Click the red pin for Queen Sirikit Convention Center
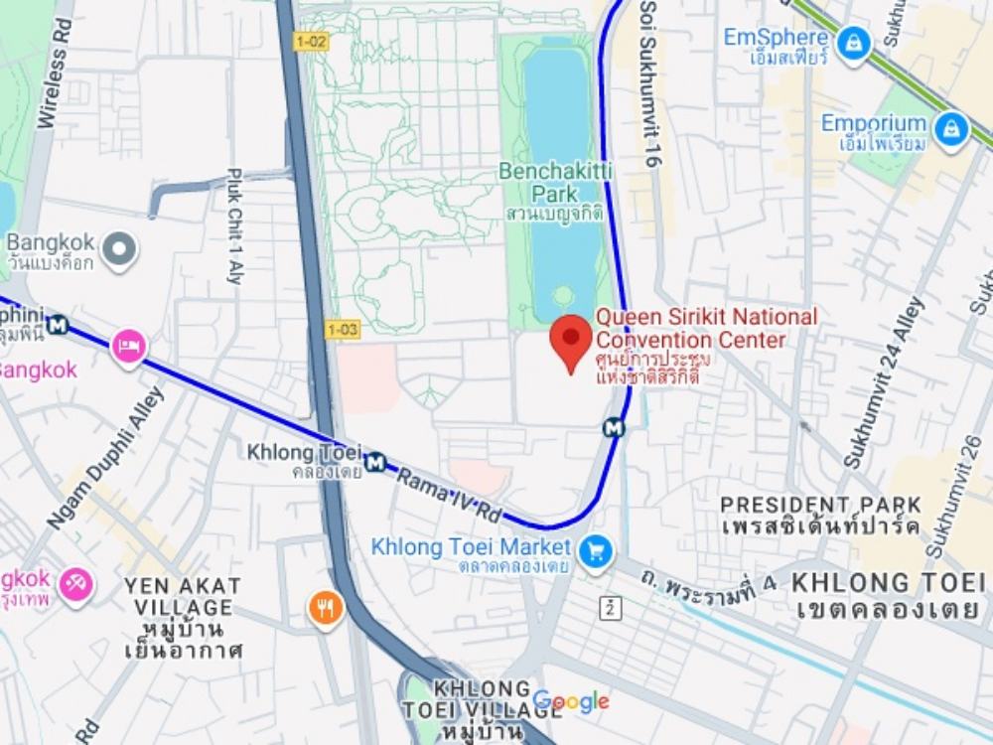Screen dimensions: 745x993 (571, 340)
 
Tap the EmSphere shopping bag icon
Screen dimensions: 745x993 (853, 43)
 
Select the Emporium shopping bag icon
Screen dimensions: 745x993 (951, 129)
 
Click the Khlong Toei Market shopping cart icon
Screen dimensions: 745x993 (596, 552)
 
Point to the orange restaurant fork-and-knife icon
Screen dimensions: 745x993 (325, 606)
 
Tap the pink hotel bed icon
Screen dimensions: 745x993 (130, 348)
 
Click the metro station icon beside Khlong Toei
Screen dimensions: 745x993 (374, 462)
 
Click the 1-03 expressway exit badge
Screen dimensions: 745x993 (341, 329)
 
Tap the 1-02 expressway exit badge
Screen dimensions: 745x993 (311, 41)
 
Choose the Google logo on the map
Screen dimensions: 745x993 (571, 702)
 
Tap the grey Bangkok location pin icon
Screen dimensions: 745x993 (120, 250)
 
